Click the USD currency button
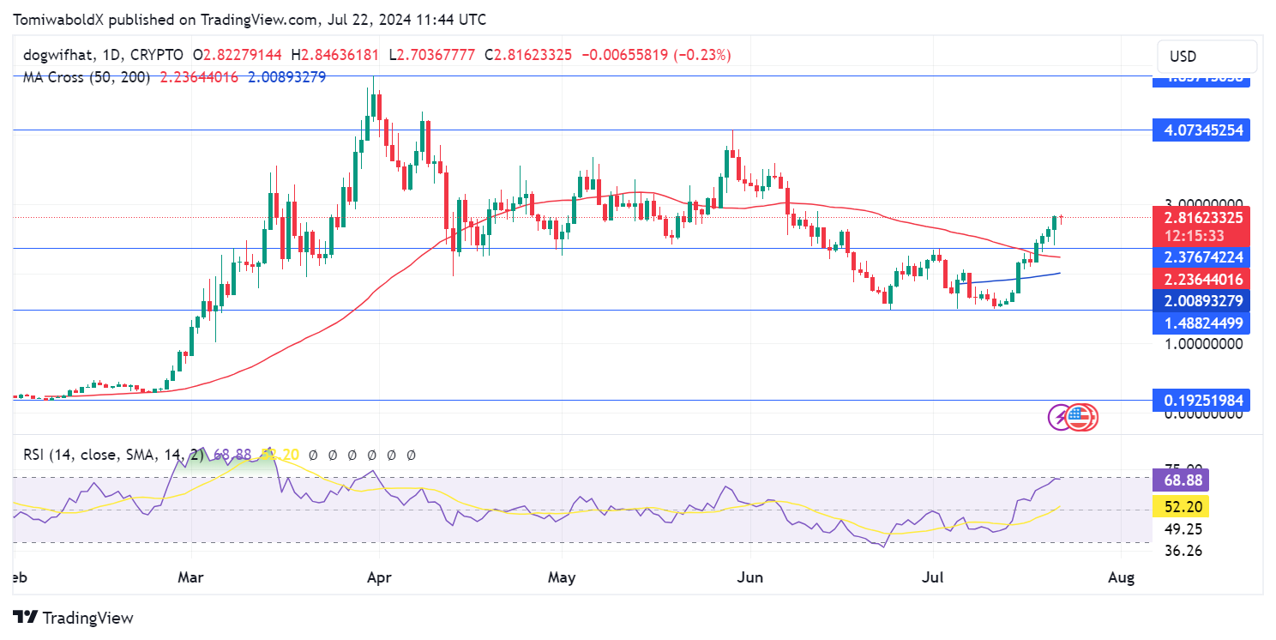point(1207,57)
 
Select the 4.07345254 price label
point(1201,130)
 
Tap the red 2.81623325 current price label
point(1201,218)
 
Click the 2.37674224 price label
point(1201,257)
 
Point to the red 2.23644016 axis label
point(1201,279)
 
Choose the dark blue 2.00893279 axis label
point(1201,301)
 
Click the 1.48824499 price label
point(1201,323)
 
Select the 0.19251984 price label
point(1201,400)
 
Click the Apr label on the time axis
point(378,578)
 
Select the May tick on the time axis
point(562,578)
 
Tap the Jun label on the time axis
point(750,578)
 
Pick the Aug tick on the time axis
point(1121,578)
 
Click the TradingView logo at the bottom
point(74,617)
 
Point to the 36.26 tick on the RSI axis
point(1184,551)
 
